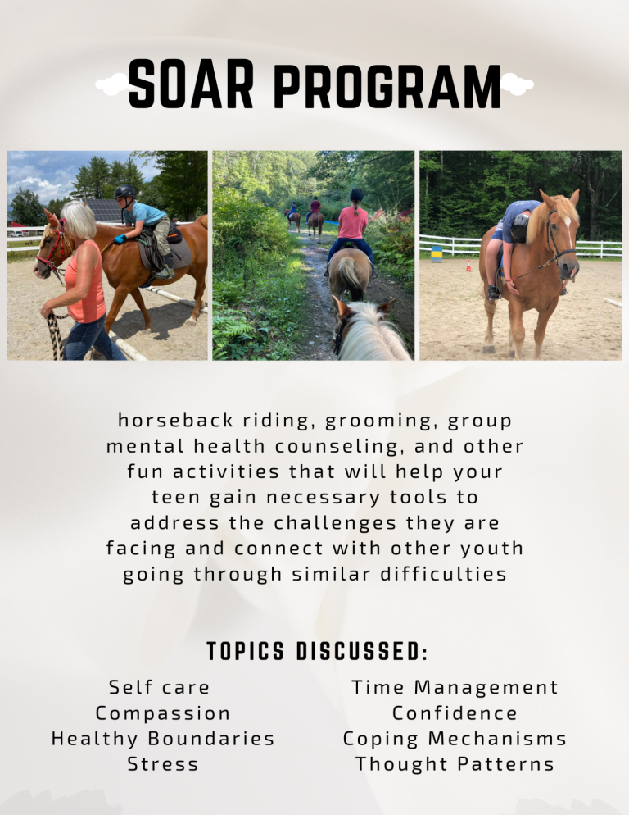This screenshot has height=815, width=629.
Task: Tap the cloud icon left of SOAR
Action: tap(112, 84)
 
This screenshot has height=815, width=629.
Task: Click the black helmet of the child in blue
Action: tap(124, 192)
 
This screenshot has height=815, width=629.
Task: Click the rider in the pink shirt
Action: tap(352, 223)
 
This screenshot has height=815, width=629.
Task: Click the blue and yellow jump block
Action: tap(437, 253)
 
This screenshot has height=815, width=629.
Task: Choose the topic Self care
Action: tap(160, 687)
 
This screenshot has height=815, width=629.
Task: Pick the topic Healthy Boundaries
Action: tap(163, 738)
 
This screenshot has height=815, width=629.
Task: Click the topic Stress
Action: tap(163, 764)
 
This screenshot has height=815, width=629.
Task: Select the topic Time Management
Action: tap(455, 687)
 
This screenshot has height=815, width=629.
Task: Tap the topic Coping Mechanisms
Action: tap(455, 738)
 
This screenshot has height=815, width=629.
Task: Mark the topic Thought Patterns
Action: tap(455, 764)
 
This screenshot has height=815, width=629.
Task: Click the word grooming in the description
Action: tap(370, 421)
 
